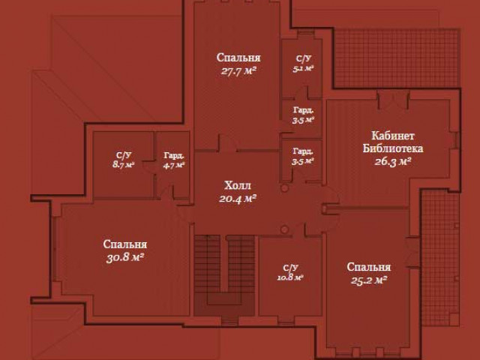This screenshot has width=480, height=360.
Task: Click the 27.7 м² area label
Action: [x=238, y=71]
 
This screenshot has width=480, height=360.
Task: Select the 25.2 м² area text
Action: [x=367, y=280]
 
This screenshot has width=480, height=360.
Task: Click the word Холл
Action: [x=238, y=185]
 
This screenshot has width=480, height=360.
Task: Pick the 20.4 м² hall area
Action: [x=238, y=199]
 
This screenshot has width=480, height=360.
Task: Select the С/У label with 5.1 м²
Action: [x=302, y=58]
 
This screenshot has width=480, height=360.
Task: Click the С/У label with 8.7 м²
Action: [x=123, y=155]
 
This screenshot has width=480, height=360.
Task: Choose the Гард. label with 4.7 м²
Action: [x=173, y=155]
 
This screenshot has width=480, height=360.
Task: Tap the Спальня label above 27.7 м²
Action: [x=238, y=58]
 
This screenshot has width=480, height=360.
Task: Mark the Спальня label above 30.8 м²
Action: [x=124, y=244]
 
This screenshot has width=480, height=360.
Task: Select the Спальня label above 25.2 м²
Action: [x=368, y=267]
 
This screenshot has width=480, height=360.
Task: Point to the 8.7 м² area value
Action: [x=123, y=164]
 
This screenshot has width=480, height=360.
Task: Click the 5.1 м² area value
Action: [x=302, y=67]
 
